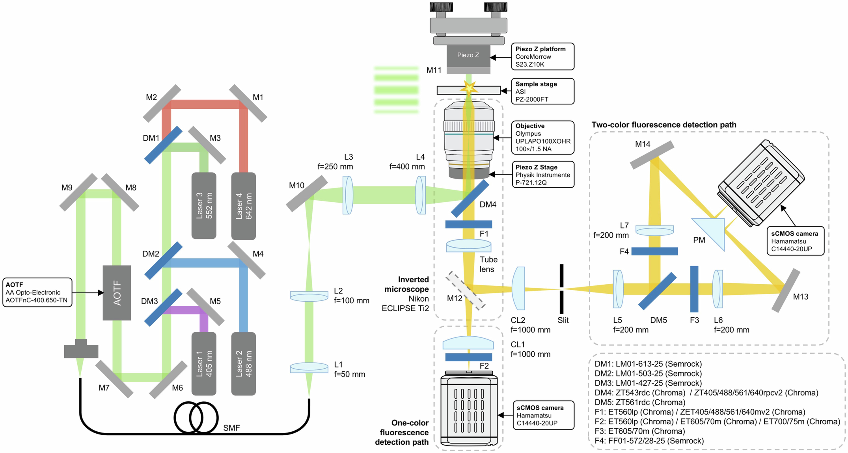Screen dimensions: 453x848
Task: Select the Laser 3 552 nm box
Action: click(x=204, y=206)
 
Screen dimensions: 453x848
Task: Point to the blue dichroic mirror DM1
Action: click(x=163, y=145)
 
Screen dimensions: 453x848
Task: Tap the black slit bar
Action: click(x=562, y=289)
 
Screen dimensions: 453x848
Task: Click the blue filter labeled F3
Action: click(x=694, y=289)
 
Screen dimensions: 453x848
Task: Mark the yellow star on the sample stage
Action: click(x=468, y=88)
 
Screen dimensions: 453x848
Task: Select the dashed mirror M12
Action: click(x=465, y=290)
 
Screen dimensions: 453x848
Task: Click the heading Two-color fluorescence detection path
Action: click(x=664, y=125)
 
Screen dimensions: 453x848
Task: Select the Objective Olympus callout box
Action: click(x=543, y=137)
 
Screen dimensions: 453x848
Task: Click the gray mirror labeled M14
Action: click(x=652, y=155)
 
